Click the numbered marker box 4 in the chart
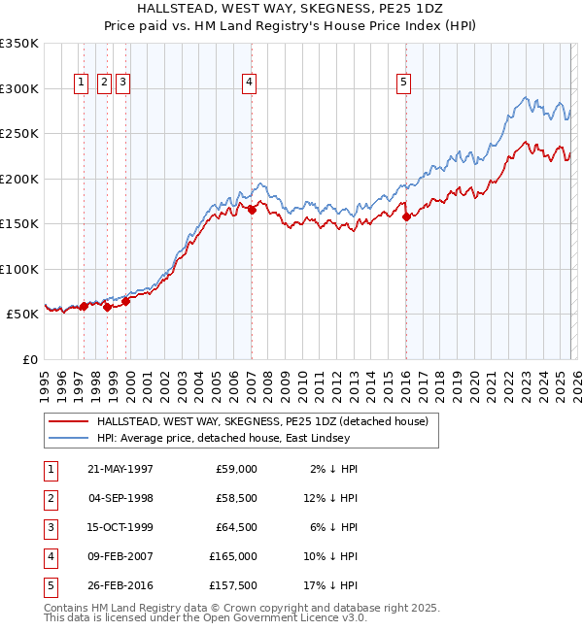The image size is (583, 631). point(250,83)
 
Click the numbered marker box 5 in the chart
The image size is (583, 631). point(403,83)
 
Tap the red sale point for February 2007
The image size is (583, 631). point(252,209)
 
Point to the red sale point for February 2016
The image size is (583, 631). point(406,216)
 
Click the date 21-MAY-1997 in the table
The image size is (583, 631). point(120,469)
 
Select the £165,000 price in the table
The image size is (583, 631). point(233,556)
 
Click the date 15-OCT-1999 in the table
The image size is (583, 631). point(120,527)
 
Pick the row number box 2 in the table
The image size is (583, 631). point(48,498)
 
